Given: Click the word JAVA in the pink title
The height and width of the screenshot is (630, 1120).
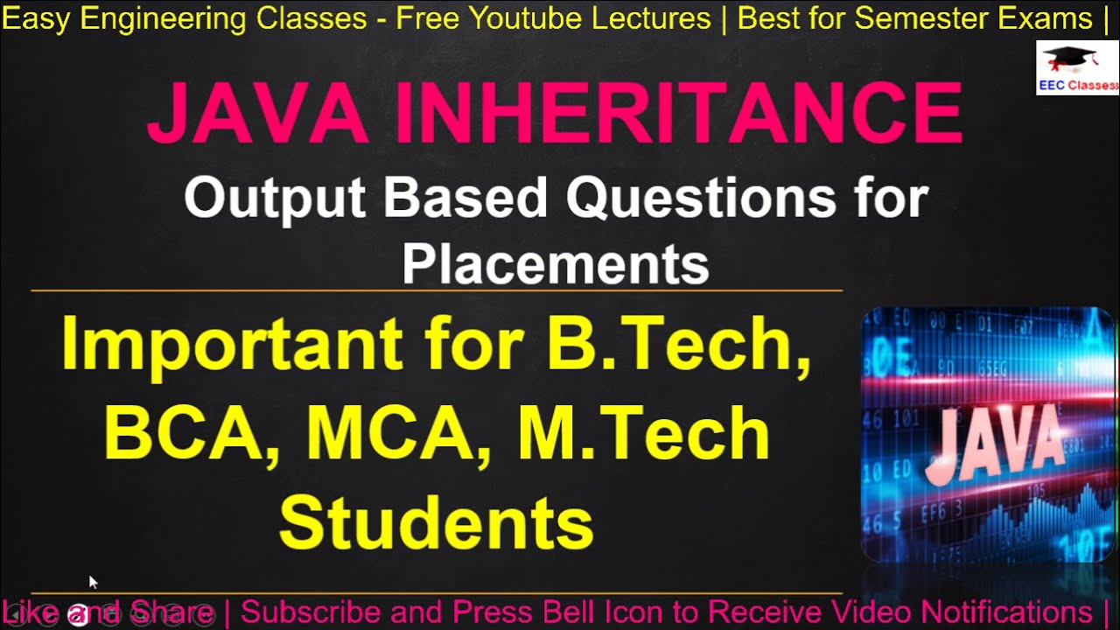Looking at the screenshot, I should [x=256, y=113].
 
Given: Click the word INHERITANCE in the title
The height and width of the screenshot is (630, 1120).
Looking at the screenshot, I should [x=678, y=113].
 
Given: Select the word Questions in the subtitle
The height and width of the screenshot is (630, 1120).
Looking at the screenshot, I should [x=700, y=199].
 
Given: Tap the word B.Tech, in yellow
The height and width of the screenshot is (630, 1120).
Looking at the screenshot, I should [x=678, y=344].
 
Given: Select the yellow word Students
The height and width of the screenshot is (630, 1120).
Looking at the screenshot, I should [x=437, y=522].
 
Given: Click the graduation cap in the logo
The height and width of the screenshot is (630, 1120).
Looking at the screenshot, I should [x=1069, y=59].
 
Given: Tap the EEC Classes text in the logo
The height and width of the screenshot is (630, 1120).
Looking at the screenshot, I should [x=1078, y=85].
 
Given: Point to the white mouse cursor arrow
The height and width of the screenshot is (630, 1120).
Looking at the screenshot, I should [x=93, y=581].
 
